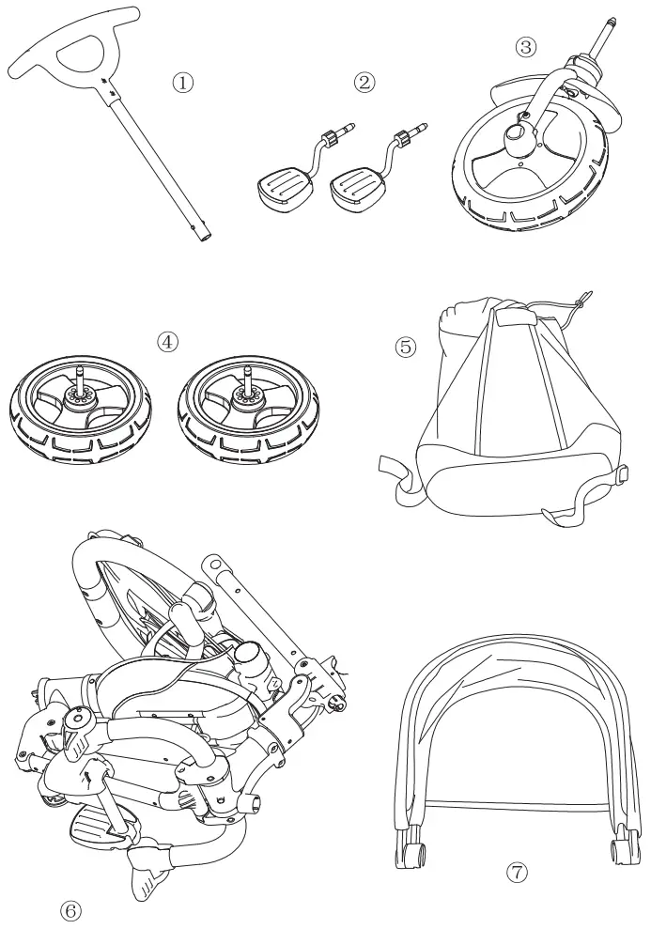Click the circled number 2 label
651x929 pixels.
pos(364,82)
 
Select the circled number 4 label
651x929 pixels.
pos(168,340)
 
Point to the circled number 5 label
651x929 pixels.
pos(405,346)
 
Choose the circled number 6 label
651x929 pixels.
pos(71,909)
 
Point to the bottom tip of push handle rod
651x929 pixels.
pos(202,236)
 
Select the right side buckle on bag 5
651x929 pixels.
pos(621,476)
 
